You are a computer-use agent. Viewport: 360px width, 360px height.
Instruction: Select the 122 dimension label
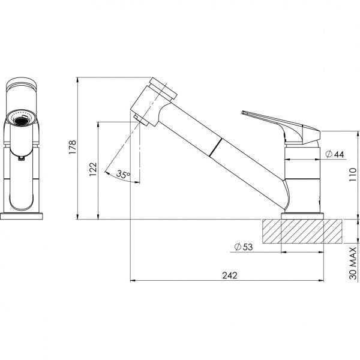coord(91,170)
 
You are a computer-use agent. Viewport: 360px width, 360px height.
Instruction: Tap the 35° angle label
coord(123,175)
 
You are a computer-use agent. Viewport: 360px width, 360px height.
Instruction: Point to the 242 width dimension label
coord(229,275)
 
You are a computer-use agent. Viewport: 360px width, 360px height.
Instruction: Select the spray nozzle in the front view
coord(21,120)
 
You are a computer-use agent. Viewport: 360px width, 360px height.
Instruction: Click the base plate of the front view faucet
coord(23,214)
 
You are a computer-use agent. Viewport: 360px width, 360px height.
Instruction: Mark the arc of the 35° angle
coord(120,179)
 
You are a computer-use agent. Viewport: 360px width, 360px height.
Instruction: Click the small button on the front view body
coord(21,158)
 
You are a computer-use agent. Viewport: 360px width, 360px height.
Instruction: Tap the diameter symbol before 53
coord(238,247)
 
